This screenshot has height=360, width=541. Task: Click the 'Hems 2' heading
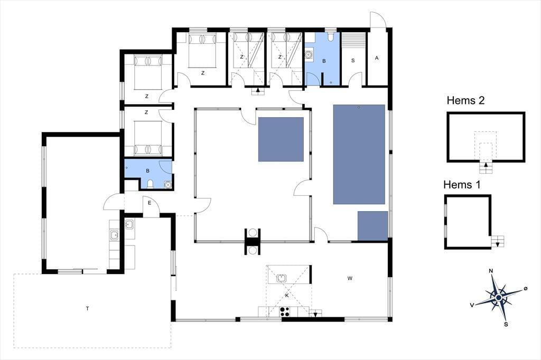[465, 100]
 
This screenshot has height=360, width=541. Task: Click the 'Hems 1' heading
[462, 184]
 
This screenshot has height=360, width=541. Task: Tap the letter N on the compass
[491, 271]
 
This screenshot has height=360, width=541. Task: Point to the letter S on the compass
[506, 324]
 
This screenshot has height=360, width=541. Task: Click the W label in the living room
[350, 278]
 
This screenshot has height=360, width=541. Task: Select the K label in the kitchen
[287, 295]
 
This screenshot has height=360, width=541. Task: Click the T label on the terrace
[88, 308]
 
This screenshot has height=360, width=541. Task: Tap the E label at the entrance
[150, 203]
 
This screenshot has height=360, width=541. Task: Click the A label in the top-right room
[376, 58]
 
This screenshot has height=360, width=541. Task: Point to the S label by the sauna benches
[352, 60]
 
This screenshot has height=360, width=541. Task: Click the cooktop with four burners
[285, 311]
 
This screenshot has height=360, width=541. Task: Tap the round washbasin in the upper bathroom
[309, 54]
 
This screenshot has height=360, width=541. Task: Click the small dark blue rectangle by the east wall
[372, 226]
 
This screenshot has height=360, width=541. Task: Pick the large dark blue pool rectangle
[359, 154]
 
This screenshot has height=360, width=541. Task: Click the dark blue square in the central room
[281, 139]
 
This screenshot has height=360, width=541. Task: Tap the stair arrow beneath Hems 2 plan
[486, 165]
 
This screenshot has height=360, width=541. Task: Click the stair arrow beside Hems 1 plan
[498, 244]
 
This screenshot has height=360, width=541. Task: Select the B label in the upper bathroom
[324, 61]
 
